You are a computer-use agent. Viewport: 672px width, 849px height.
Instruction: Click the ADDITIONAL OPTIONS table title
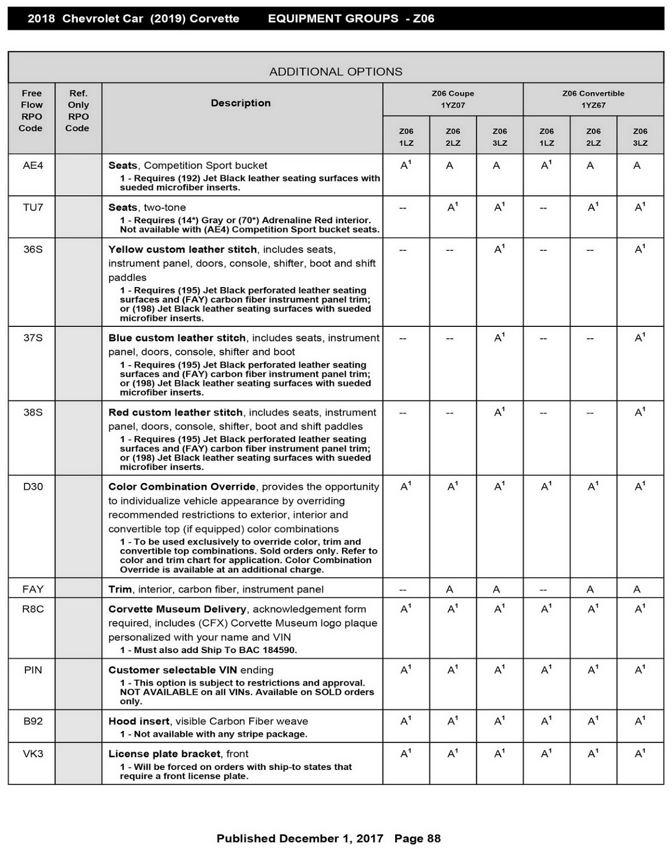[x=336, y=72]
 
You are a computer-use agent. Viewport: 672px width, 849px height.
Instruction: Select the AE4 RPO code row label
[x=33, y=166]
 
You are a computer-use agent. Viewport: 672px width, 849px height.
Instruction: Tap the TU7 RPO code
[x=33, y=207]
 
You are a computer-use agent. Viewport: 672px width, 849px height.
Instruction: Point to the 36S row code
[x=33, y=249]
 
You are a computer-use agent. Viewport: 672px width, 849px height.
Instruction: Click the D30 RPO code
[x=33, y=487]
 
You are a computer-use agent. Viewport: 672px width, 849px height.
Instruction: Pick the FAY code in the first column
[x=33, y=589]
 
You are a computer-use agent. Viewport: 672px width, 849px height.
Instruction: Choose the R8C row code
[x=33, y=609]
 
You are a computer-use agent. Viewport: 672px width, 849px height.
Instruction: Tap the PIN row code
[x=33, y=670]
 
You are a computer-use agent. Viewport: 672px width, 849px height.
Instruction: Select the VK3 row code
[x=33, y=753]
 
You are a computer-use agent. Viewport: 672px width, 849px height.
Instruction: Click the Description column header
[x=241, y=103]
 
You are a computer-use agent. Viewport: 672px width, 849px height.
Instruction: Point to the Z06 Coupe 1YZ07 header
[x=453, y=99]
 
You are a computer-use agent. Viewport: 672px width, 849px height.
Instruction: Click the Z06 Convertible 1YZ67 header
[x=594, y=99]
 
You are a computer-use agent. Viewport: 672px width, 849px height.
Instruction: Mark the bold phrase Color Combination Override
[x=182, y=487]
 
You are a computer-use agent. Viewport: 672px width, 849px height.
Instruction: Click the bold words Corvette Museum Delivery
[x=177, y=609]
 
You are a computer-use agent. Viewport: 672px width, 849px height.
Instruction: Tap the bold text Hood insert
[x=139, y=721]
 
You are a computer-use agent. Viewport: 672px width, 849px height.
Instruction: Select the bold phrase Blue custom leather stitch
[x=177, y=338]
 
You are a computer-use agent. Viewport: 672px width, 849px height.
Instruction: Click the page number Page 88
[x=417, y=838]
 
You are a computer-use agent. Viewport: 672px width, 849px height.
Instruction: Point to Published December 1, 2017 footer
[x=300, y=838]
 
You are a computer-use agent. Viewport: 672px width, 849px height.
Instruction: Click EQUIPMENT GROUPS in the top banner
[x=333, y=19]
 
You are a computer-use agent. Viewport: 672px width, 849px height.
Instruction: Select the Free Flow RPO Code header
[x=31, y=110]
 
